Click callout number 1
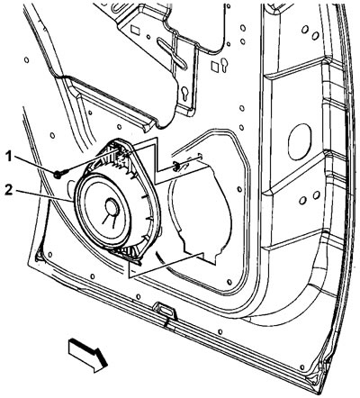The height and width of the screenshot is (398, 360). click(x=9, y=157)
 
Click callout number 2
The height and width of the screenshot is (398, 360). click(x=9, y=191)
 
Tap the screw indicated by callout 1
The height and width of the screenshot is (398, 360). click(x=60, y=174)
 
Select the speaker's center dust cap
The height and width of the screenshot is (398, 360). click(x=112, y=207)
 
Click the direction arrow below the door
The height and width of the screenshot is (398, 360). click(x=88, y=355)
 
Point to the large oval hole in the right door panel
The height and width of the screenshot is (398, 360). click(x=300, y=142)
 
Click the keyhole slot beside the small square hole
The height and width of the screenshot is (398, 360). click(x=224, y=65)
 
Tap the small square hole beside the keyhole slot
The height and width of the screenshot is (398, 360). click(x=215, y=67)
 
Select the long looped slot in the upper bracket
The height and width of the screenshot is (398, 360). click(x=172, y=52)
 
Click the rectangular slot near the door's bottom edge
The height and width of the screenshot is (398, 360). click(x=164, y=308)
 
